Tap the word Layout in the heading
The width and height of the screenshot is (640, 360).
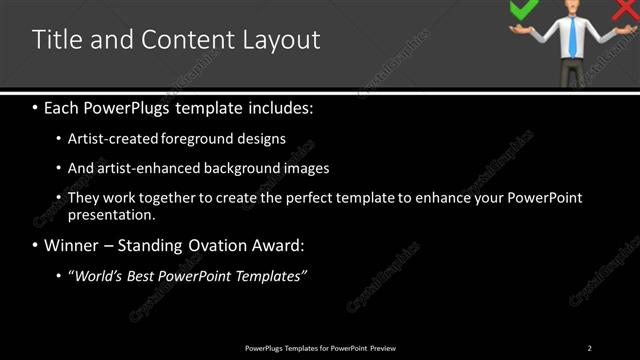click(x=282, y=41)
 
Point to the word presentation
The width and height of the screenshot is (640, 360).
click(x=110, y=214)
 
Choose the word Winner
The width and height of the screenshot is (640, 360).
click(x=72, y=245)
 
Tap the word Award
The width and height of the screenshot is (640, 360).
click(x=282, y=245)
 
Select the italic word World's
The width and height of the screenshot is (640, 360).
click(x=97, y=275)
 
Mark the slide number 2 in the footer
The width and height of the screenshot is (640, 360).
click(x=589, y=348)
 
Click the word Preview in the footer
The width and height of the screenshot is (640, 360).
click(x=383, y=348)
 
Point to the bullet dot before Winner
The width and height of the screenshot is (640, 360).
click(x=36, y=245)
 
